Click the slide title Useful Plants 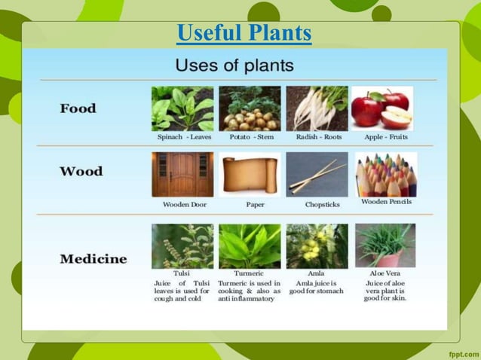pos(244,33)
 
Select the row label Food pos(78,108)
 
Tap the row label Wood pos(80,171)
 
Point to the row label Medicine pos(93,259)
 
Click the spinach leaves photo pos(182,108)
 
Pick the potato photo pos(250,108)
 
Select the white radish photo pos(317,108)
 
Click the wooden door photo pos(182,175)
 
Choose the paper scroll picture pos(250,175)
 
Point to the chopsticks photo pos(317,175)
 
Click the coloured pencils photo pos(385,174)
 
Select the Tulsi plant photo pos(182,246)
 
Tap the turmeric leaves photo pos(250,246)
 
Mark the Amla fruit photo pos(317,246)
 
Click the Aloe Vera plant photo pos(384,246)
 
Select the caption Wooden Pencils pos(386,203)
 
